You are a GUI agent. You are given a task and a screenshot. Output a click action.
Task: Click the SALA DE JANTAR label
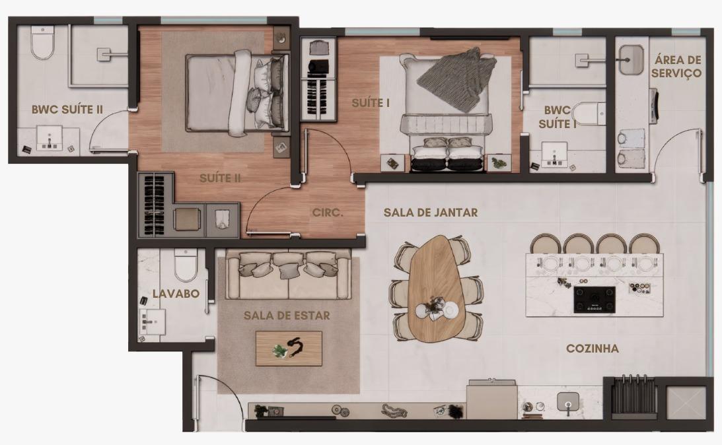click(431, 213)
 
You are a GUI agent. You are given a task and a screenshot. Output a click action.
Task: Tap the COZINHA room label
click(592, 349)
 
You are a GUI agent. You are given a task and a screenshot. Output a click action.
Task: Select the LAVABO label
click(176, 294)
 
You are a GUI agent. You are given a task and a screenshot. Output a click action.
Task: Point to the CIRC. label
click(328, 213)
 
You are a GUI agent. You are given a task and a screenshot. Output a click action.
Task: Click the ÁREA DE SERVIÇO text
click(677, 66)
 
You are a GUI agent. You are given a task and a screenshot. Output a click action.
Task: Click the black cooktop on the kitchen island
click(595, 300)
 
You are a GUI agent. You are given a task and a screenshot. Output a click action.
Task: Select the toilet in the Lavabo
click(186, 265)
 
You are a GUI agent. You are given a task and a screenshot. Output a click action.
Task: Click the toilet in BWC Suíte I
click(587, 114)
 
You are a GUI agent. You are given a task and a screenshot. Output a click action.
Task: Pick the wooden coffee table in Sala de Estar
click(289, 349)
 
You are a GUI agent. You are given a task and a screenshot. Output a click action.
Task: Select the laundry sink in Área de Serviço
click(630, 59)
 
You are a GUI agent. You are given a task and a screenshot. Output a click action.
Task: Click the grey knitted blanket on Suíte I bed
click(456, 79)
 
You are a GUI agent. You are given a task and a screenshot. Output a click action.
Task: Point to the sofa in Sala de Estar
click(288, 275)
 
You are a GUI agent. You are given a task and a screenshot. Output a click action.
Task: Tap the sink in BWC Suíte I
click(554, 154)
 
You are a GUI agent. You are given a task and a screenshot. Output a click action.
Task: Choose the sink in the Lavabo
click(153, 322)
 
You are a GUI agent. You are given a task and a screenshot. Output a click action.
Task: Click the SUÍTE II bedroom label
click(220, 178)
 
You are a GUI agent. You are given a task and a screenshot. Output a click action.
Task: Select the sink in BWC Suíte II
click(50, 140)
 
